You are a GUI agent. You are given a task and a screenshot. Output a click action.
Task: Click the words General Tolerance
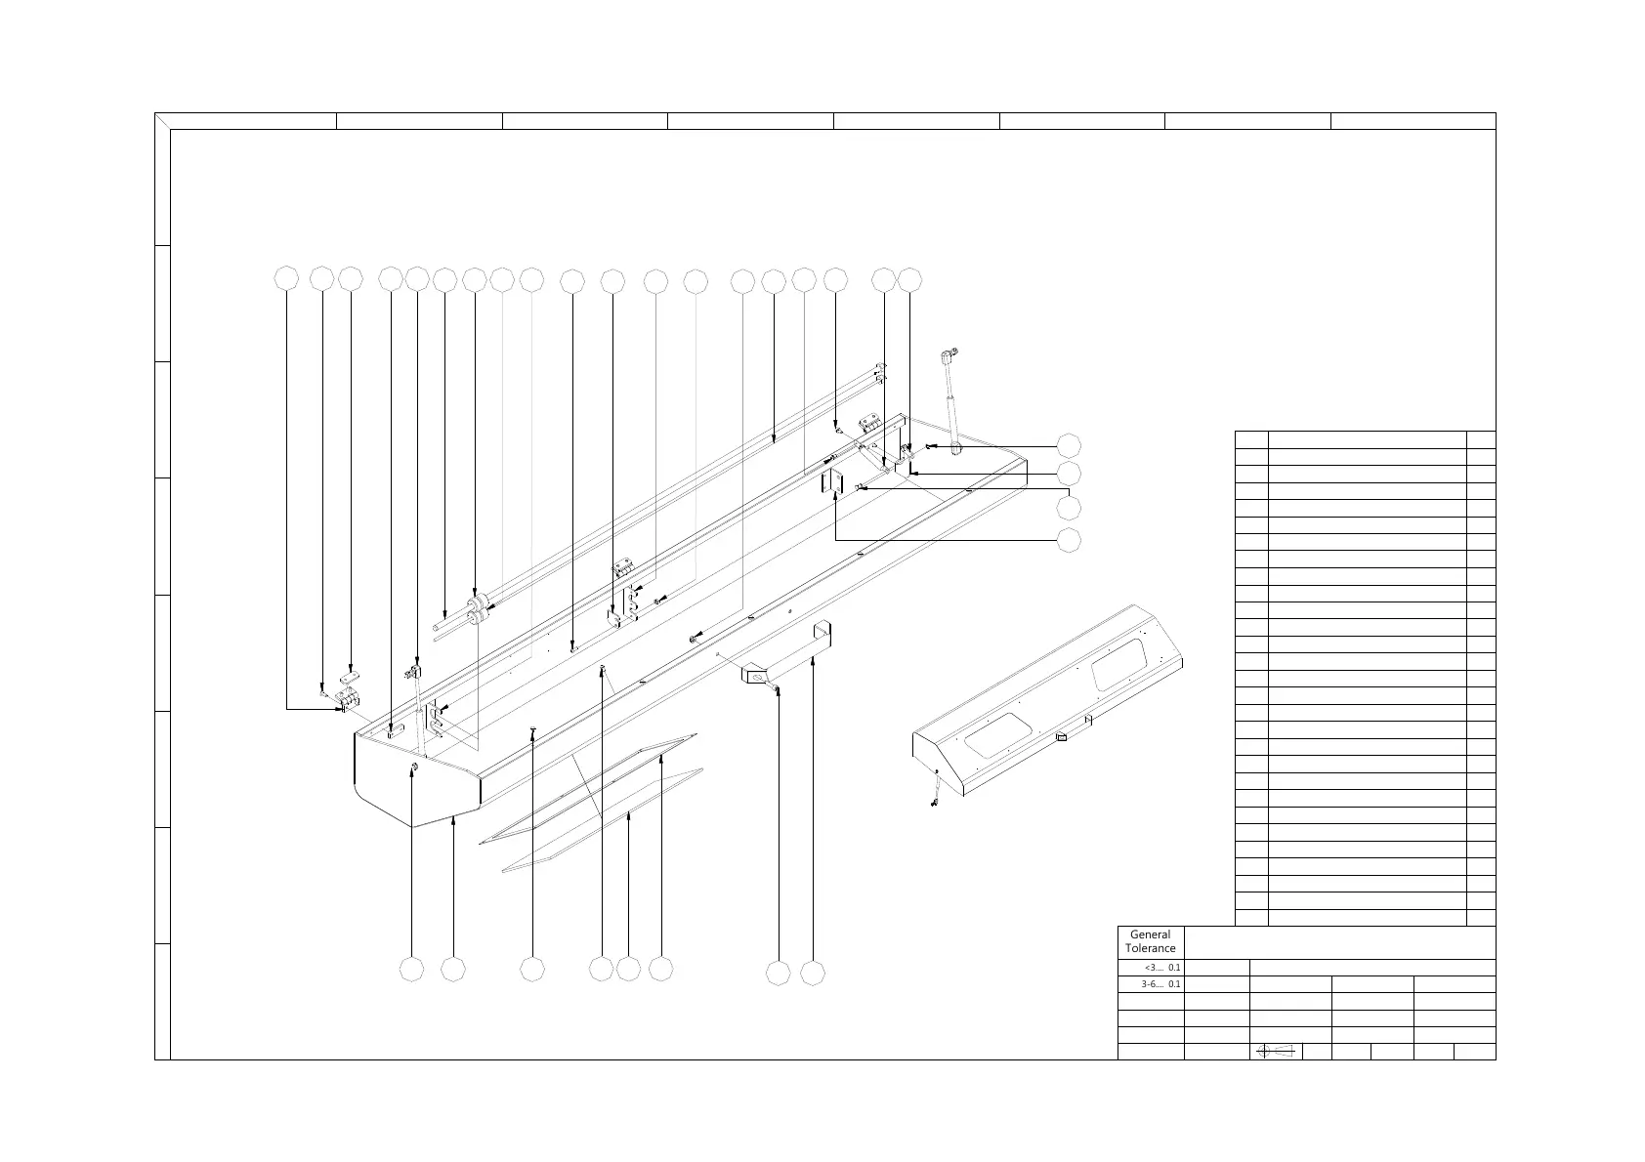coord(1150,941)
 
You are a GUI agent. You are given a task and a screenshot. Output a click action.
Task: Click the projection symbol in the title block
coord(1276,1051)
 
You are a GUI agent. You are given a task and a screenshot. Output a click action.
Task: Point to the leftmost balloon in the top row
coord(286,279)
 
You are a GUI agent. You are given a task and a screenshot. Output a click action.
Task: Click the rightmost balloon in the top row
coord(909,279)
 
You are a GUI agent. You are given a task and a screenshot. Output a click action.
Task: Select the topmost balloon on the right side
coord(1070,445)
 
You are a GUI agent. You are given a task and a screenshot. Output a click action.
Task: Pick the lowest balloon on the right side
coord(1070,539)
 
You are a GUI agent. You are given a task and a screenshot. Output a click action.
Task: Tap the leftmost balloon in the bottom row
coord(413,970)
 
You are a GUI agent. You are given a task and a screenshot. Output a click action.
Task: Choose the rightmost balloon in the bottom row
coord(813,973)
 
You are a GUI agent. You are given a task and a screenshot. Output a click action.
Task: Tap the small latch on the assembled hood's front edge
coord(1062,737)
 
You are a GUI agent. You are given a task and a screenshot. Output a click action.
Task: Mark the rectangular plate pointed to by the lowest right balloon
coord(831,481)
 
